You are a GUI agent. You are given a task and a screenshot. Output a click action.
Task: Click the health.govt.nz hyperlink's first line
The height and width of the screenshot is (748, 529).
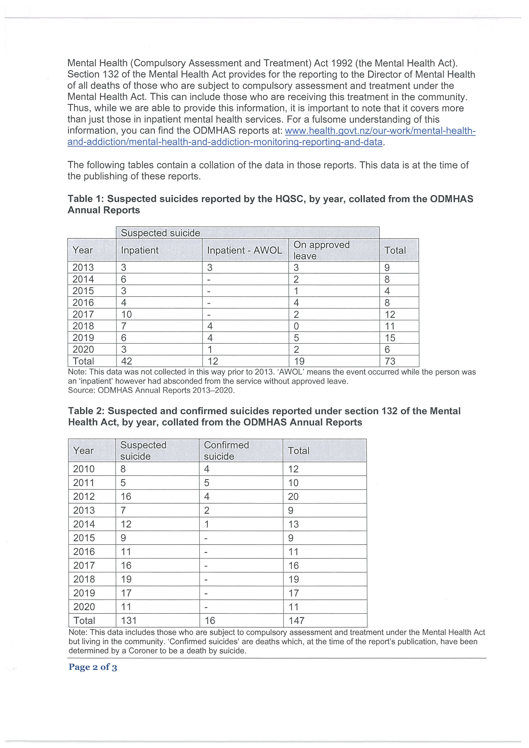tap(380, 131)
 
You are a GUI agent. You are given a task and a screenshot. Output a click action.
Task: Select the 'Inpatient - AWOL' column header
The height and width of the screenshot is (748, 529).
tap(245, 250)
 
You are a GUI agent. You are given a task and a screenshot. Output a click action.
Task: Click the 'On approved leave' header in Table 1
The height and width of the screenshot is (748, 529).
tap(321, 250)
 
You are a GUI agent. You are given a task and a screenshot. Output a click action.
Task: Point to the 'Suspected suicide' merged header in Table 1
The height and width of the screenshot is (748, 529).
tap(160, 233)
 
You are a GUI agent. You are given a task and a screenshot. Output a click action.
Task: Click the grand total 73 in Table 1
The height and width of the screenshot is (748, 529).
tap(390, 361)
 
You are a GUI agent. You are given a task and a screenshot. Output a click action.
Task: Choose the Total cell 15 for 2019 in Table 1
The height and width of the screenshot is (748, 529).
tap(390, 338)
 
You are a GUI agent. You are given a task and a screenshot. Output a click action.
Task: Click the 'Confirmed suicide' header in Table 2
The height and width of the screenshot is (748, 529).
tap(226, 451)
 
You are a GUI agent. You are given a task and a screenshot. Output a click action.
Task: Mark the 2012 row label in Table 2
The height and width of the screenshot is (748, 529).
tap(84, 497)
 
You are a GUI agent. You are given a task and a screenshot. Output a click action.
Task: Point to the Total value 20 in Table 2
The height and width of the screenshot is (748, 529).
tap(293, 497)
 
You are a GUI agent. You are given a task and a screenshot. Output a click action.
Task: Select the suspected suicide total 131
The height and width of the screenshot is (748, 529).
tap(129, 621)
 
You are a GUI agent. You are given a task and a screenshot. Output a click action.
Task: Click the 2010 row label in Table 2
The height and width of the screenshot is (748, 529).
tap(84, 469)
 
